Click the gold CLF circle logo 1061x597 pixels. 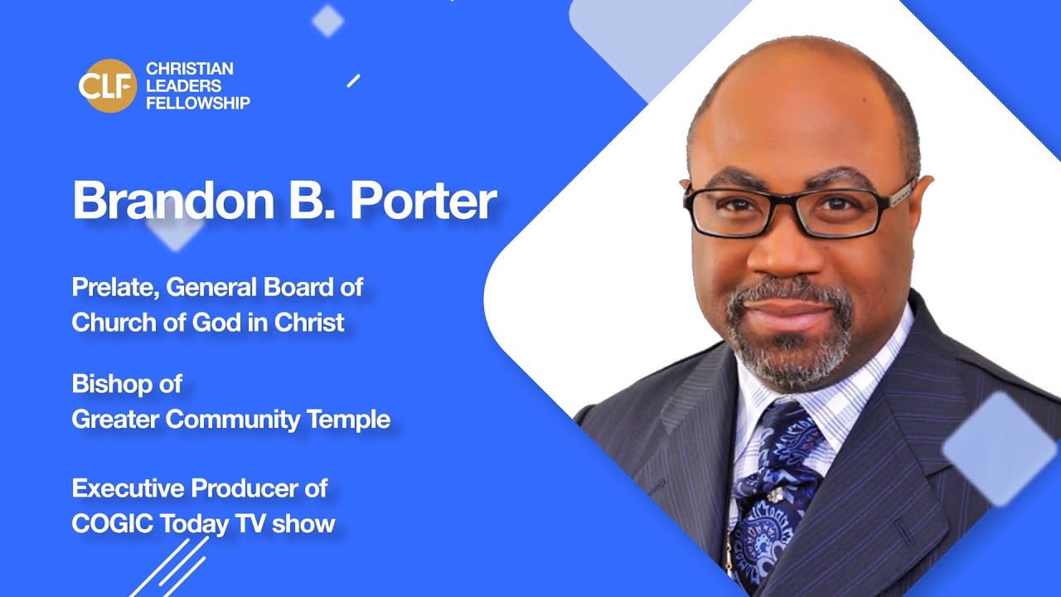pos(108,86)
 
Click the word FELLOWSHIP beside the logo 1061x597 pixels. pos(197,104)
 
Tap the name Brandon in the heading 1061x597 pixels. pos(165,200)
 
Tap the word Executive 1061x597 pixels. pos(128,488)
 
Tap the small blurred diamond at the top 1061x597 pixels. pos(328,21)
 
